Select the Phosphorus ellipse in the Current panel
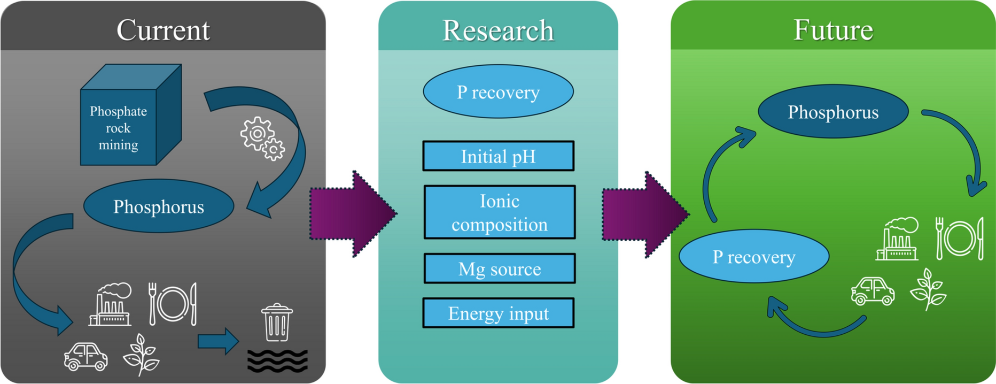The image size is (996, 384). tap(159, 206)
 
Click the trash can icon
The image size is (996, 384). tap(277, 322)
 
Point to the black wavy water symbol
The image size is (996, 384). tap(277, 360)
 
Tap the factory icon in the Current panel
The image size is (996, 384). tap(111, 305)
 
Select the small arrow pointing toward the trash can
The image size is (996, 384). tap(217, 341)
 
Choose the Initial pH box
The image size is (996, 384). tap(498, 157)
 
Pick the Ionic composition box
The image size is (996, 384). tap(499, 212)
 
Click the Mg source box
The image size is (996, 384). tap(499, 268)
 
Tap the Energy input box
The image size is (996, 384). tap(498, 313)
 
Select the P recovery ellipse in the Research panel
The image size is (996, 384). tap(498, 92)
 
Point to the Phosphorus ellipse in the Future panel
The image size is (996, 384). tap(832, 112)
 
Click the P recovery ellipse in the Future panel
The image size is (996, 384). tap(753, 257)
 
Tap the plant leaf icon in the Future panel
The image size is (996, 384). tap(929, 289)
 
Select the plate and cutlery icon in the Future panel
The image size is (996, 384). tap(960, 238)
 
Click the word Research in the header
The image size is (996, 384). tap(498, 30)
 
